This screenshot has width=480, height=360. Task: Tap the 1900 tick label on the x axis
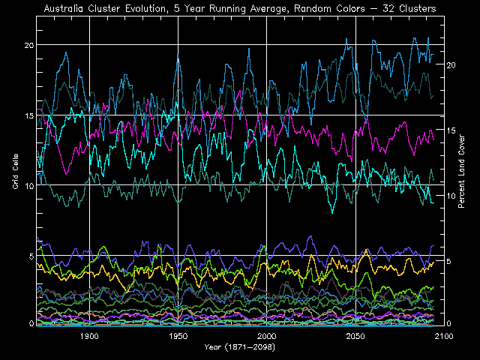[x=89, y=337]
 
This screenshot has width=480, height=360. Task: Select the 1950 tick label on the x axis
[x=178, y=337]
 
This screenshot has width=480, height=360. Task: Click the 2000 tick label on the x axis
[x=266, y=337]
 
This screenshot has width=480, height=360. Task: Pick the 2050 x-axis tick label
[x=355, y=337]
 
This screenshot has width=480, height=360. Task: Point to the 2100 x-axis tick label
[x=443, y=337]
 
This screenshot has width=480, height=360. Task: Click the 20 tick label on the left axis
[x=29, y=45]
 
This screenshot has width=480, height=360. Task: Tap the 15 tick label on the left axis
[x=29, y=115]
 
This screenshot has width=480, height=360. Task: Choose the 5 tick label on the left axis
[x=31, y=256]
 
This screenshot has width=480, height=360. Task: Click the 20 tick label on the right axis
[x=451, y=65]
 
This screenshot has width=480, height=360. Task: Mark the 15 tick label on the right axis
[x=451, y=130]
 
